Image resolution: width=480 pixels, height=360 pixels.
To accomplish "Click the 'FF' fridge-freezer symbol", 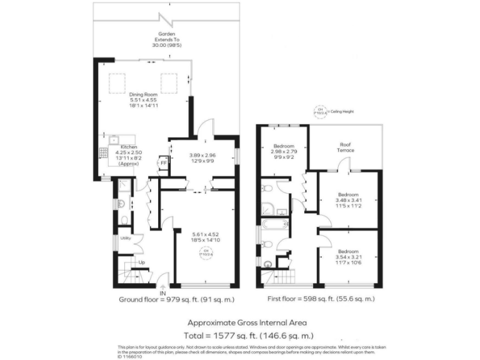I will pyautogui.click(x=163, y=163).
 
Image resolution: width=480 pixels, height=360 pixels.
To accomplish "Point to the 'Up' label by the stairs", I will pyautogui.click(x=142, y=262).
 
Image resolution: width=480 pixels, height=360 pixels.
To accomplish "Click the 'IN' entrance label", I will pyautogui.click(x=162, y=293).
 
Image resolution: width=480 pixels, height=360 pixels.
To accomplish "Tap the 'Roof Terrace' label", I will pyautogui.click(x=346, y=147).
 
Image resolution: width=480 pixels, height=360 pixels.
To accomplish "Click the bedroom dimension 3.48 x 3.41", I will pyautogui.click(x=348, y=199).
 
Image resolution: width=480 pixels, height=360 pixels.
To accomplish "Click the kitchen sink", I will pyautogui.click(x=114, y=139).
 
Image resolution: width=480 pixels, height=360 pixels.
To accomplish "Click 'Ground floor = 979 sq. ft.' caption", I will pyautogui.click(x=177, y=300).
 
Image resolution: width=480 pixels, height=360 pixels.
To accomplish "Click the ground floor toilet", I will pyautogui.click(x=125, y=219).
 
